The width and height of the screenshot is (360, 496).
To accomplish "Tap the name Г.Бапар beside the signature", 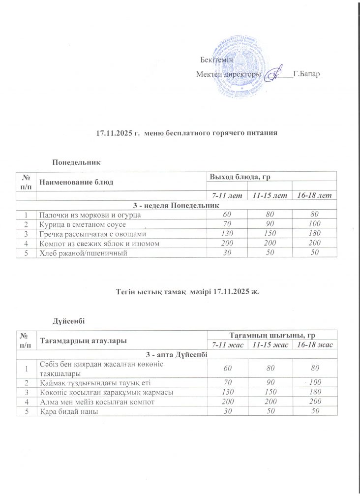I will pyautogui.click(x=306, y=75).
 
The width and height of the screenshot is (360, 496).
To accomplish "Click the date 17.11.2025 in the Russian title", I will pyautogui.click(x=113, y=132).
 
